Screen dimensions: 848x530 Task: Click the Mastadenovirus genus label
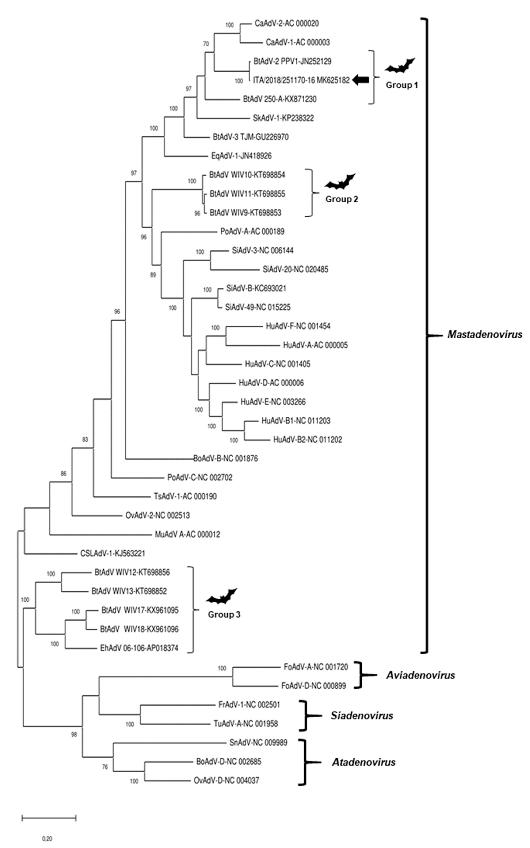click(x=484, y=334)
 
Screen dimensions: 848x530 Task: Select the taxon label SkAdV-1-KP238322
click(x=283, y=118)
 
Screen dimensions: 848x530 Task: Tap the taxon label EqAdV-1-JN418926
click(x=241, y=156)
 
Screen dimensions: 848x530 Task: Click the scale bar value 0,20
click(x=47, y=839)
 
